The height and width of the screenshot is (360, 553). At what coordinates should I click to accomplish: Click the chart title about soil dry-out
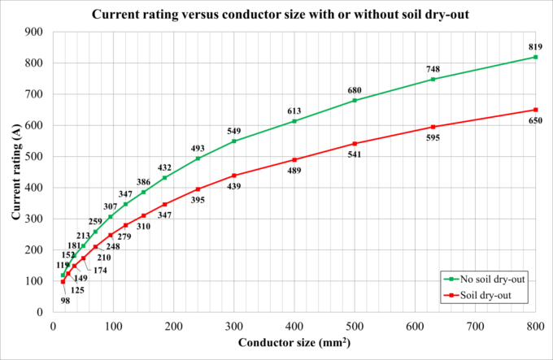(276, 15)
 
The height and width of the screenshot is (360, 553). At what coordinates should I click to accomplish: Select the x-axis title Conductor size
(294, 342)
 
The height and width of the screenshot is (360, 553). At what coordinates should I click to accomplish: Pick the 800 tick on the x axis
(535, 326)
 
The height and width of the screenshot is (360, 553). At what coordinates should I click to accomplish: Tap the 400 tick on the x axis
(294, 326)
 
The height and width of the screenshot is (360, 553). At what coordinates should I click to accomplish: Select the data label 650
(535, 121)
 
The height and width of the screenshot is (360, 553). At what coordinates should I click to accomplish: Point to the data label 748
(433, 68)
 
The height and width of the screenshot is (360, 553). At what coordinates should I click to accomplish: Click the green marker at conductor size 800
(535, 57)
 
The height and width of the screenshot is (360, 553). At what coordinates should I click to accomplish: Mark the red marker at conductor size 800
(535, 110)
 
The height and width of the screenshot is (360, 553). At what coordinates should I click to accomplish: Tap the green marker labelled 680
(355, 100)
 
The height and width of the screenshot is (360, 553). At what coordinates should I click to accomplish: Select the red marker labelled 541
(355, 144)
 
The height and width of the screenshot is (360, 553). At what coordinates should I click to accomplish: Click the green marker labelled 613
(294, 121)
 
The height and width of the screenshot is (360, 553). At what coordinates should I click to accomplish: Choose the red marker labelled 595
(433, 127)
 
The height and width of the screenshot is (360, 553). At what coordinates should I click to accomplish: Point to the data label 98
(65, 301)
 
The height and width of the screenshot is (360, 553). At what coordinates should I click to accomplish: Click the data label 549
(234, 130)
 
